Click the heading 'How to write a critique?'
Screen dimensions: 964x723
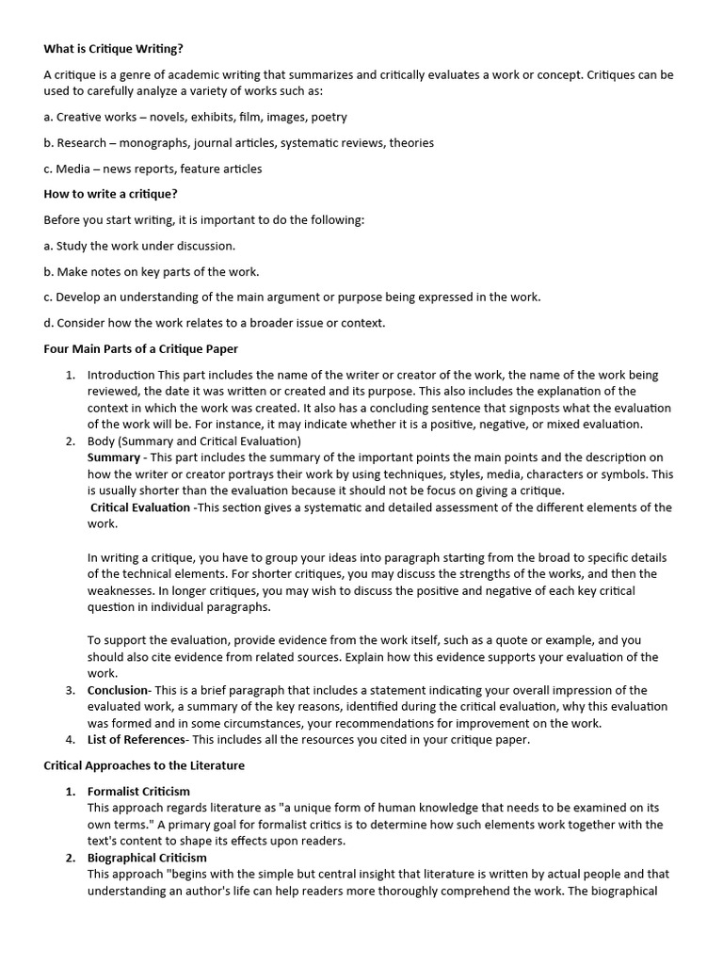coord(110,194)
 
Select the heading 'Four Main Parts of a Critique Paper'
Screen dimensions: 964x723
coord(141,348)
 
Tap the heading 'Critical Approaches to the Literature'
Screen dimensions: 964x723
coord(144,765)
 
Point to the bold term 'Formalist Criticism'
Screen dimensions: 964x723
coord(138,791)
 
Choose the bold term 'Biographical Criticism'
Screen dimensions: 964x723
coord(147,858)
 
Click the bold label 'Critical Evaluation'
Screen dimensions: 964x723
coord(140,507)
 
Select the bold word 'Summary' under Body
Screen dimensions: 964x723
coord(114,458)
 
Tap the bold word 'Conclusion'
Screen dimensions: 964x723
coord(119,690)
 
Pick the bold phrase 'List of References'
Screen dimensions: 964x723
coord(137,740)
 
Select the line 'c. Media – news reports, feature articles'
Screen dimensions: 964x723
coord(153,169)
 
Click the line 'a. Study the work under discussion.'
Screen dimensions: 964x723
coord(139,246)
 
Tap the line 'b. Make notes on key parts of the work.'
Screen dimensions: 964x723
coord(151,271)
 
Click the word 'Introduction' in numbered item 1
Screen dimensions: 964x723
coord(121,375)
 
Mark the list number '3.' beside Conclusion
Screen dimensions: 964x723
coord(71,690)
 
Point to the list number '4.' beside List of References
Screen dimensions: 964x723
coord(71,740)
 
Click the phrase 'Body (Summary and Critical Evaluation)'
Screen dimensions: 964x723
coord(194,441)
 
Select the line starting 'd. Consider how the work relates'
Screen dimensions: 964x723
coord(215,323)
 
